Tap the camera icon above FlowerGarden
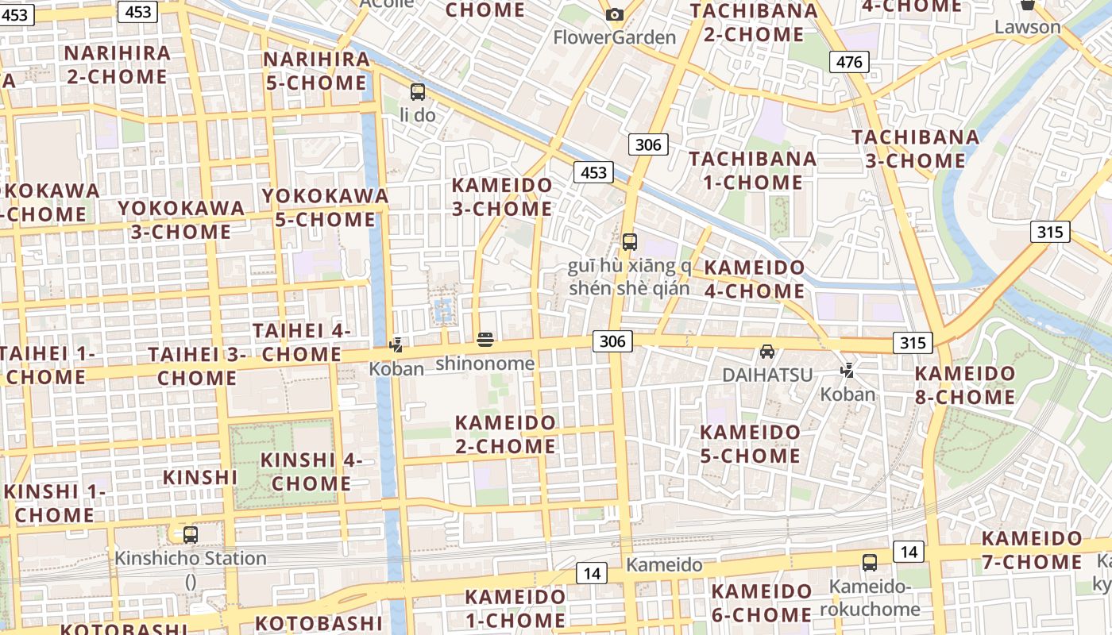coord(614,14)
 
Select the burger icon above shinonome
coord(485,341)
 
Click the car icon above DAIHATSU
coord(767,351)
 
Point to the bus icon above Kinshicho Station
coord(191,534)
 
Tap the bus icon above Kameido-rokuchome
coord(870,563)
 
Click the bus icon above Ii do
coord(418,92)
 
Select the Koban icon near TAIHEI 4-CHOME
coord(396,345)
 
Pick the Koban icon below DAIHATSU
coord(848,370)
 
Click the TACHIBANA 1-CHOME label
coord(752,170)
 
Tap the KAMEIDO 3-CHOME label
coord(502,197)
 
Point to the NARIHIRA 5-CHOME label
coord(316,71)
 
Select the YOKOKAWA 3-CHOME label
coord(181,220)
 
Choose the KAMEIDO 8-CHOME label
coord(965,385)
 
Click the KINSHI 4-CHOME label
coord(311,471)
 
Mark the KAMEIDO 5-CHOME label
coord(751,444)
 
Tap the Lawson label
coord(1028,27)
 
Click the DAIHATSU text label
coord(767,375)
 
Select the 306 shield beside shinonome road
coord(612,341)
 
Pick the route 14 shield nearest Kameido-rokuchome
coord(909,552)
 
